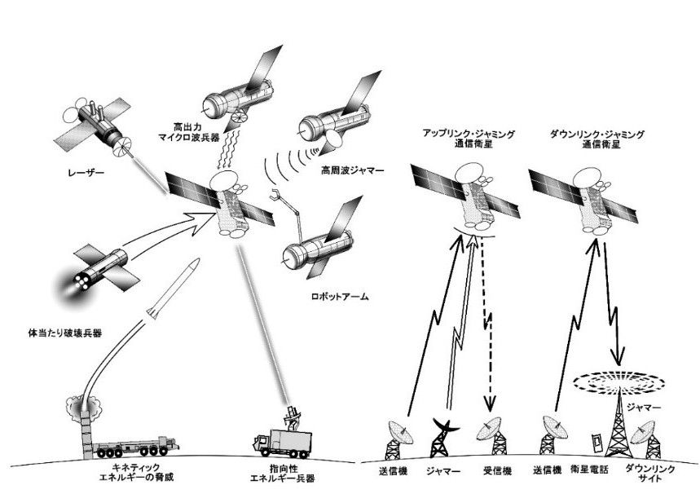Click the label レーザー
tap(86, 172)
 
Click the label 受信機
tap(492, 470)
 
